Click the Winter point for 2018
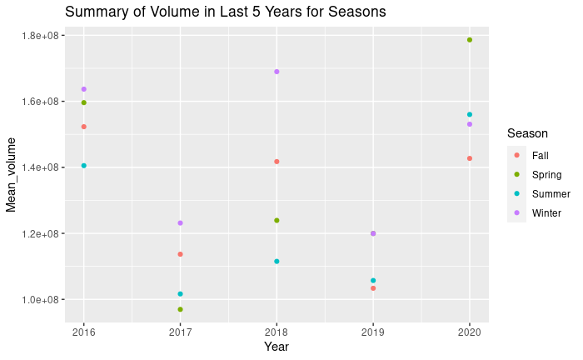(277, 72)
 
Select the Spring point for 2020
(470, 40)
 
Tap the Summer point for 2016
(83, 166)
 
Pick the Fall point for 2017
(180, 254)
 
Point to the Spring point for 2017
(180, 309)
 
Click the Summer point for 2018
(277, 262)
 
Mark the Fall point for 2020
(470, 158)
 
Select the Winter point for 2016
(83, 89)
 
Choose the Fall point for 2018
(277, 162)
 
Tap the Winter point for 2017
(180, 223)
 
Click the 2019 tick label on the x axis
(373, 331)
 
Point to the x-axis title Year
(277, 347)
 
